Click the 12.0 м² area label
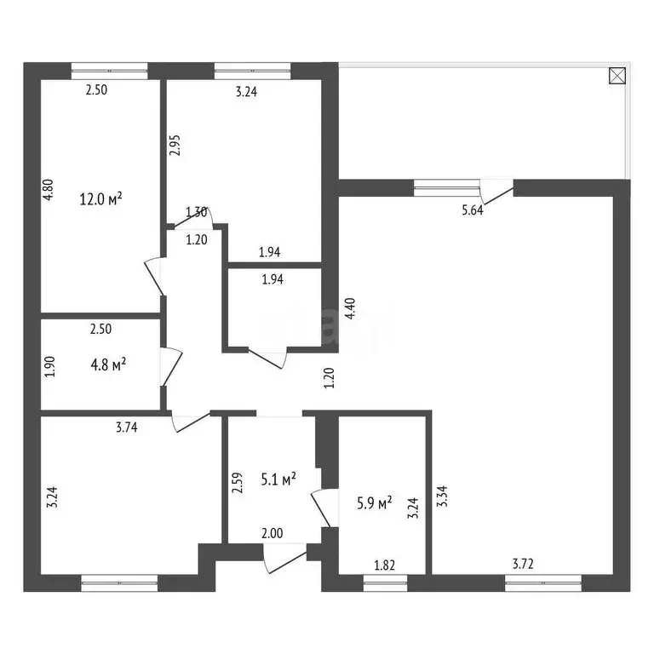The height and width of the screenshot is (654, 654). coord(100,199)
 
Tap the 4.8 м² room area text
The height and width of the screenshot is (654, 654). coord(107,364)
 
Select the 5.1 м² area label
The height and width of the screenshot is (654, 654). coord(278,479)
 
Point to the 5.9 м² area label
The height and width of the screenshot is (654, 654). coord(374,503)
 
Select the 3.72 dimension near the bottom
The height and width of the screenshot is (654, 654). coord(524,564)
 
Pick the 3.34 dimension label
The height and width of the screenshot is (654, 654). coord(441,495)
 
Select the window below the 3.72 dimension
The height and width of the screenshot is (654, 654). coord(543,582)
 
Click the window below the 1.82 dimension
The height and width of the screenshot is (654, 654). coord(385,582)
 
